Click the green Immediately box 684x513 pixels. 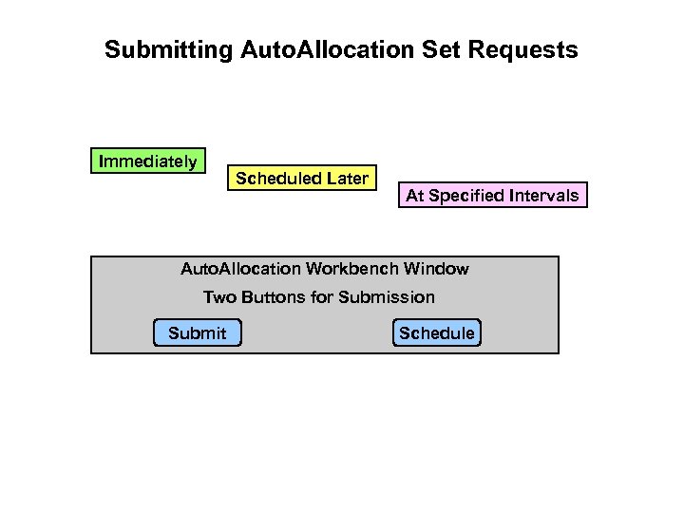tap(148, 161)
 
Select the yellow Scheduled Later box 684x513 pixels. tap(302, 179)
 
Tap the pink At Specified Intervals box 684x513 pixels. tap(492, 196)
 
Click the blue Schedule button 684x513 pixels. tap(437, 332)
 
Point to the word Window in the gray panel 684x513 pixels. tap(438, 269)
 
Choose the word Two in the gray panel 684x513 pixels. tap(218, 297)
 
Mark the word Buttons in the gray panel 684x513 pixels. tap(273, 297)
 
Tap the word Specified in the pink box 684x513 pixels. tap(466, 196)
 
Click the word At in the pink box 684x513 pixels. tap(414, 196)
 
